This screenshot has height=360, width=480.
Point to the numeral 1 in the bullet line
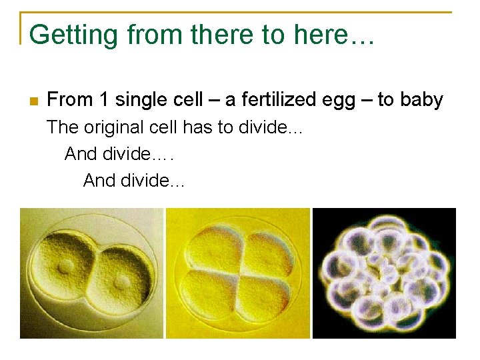(103, 100)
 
